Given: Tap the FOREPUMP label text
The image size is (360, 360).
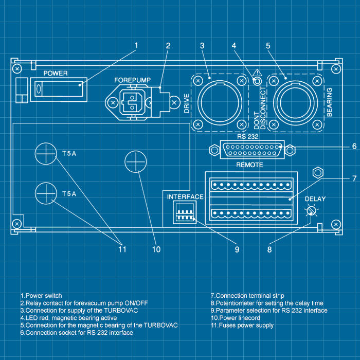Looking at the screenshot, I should point(132,80).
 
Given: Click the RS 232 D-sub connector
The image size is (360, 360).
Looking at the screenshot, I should point(251,150).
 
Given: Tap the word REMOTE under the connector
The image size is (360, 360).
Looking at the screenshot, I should point(249,165).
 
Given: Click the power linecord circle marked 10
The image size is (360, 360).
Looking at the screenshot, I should point(135,163).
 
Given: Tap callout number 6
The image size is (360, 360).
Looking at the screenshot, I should point(354,147).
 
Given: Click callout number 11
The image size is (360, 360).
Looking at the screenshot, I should point(122,249).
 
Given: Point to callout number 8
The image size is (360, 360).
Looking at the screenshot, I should point(269,249).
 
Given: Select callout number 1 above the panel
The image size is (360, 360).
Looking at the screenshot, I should point(136,45).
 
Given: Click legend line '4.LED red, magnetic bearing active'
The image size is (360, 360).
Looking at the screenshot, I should point(68,318).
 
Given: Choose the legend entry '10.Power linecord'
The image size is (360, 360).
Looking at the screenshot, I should point(236,318).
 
